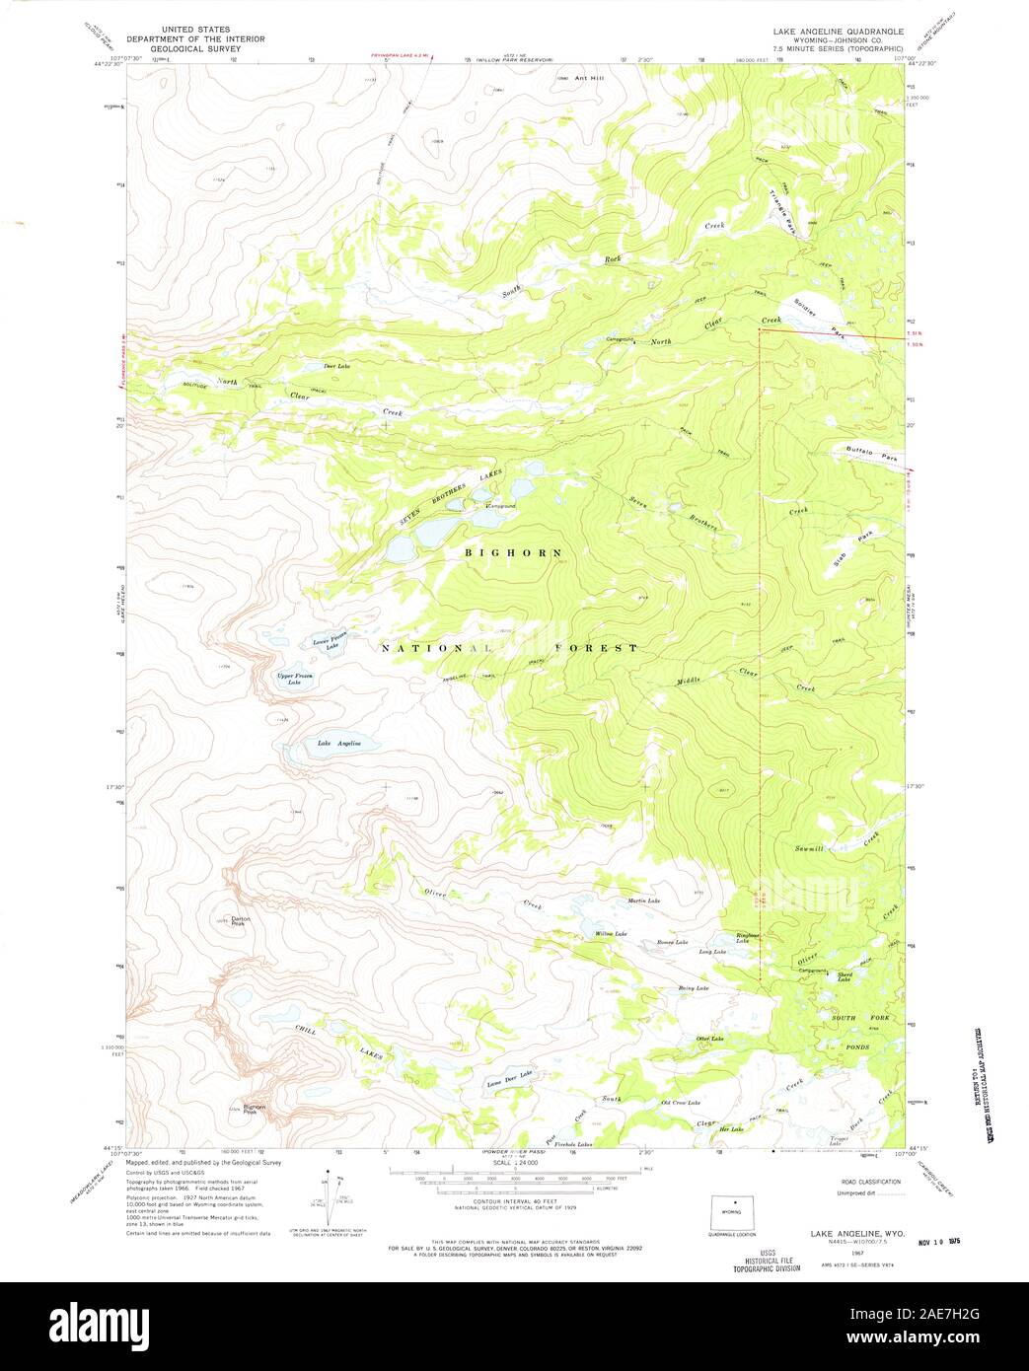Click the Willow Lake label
click(x=611, y=933)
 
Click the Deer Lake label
click(x=337, y=366)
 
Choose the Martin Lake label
click(x=643, y=901)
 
